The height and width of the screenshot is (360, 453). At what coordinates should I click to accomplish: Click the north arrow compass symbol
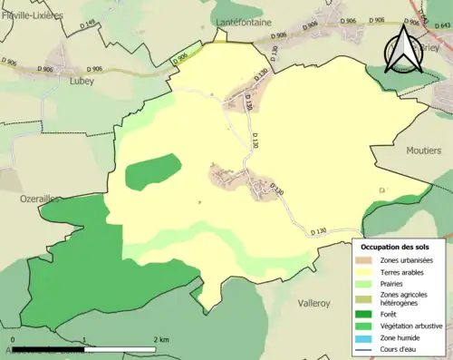coord(403,50)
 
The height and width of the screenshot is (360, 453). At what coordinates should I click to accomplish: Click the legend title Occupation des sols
coord(395,247)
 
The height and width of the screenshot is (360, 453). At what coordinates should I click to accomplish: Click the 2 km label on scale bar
coord(162,339)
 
